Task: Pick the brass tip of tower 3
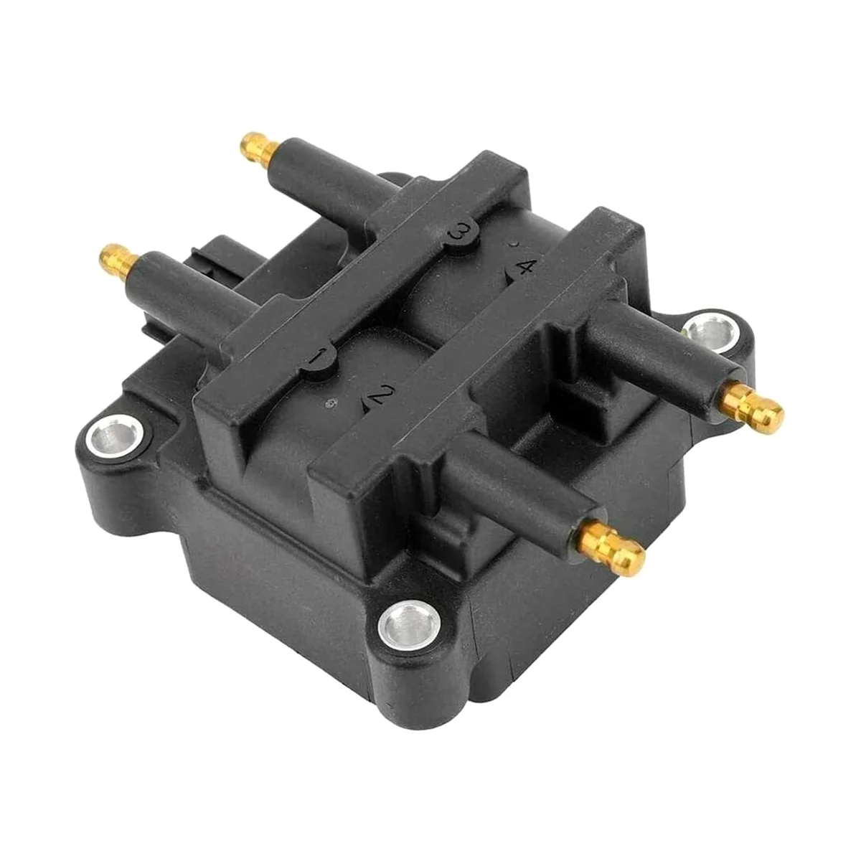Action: click(x=259, y=146)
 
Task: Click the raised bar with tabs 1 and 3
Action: click(x=373, y=287)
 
